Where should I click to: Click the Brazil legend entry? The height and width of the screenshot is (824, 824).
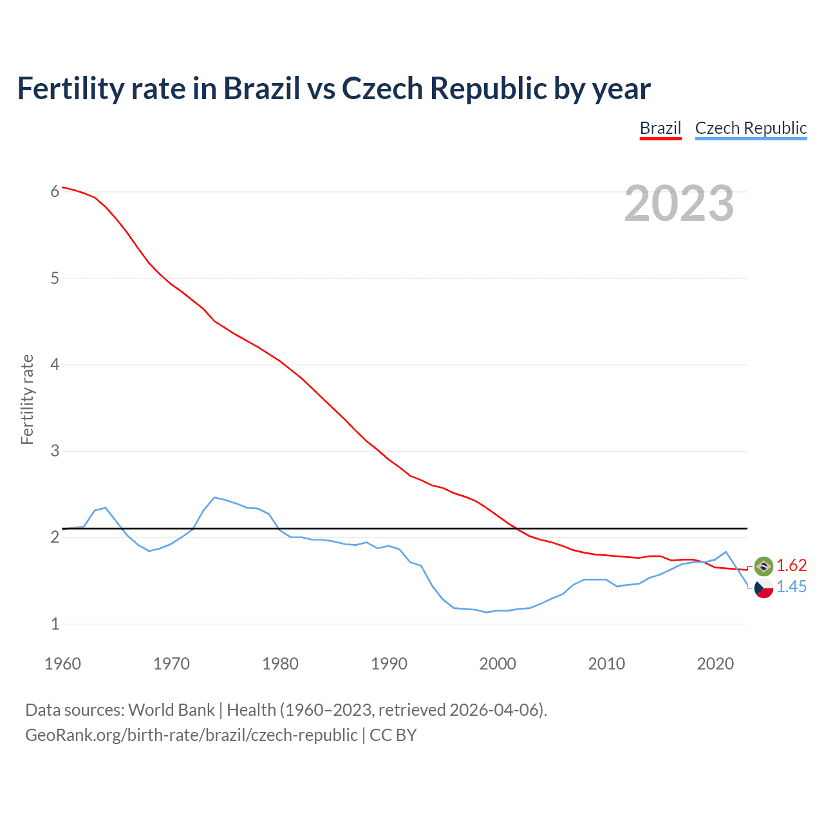point(660,128)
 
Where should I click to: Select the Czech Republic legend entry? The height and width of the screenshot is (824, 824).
point(751,128)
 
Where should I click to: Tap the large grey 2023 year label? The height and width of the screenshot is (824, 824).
point(679,203)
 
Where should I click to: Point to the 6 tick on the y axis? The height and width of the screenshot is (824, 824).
point(55,191)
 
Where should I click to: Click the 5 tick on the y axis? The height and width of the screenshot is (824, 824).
point(55,278)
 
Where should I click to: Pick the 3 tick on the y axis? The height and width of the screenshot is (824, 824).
point(55,451)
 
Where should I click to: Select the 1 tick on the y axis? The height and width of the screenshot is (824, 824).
point(55,623)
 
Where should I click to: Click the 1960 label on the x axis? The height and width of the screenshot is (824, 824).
point(62,664)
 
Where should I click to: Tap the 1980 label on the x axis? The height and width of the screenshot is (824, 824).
point(280,664)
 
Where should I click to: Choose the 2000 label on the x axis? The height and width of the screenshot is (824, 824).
point(498,664)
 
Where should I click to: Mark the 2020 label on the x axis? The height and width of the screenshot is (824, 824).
point(715,664)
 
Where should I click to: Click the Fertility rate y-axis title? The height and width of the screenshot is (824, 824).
point(27,399)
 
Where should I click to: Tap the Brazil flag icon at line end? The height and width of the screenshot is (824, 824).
point(763,566)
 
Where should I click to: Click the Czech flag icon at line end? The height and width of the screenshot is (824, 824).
point(763,588)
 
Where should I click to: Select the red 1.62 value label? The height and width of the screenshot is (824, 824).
point(791,565)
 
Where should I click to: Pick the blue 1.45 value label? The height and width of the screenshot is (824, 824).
point(791,586)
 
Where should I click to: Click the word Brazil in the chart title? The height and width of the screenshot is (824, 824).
point(261,88)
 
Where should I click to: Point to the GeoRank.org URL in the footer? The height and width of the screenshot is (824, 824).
point(191,735)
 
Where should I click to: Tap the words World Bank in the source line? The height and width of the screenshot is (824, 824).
point(171,710)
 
